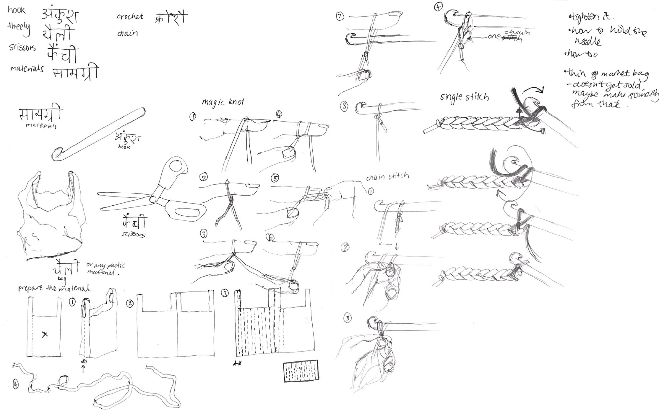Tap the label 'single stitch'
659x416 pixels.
tap(464, 96)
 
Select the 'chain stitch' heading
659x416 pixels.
tap(387, 177)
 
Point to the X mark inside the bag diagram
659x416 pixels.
tap(45, 334)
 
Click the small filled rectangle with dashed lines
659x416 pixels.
tap(301, 371)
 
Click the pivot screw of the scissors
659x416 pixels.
tap(153, 199)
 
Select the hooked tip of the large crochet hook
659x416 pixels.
tap(58, 154)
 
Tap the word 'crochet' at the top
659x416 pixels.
tap(130, 16)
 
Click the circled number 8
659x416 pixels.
tap(344, 107)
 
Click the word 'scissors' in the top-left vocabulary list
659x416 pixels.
tap(22, 48)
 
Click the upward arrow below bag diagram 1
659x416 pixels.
tap(83, 368)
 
